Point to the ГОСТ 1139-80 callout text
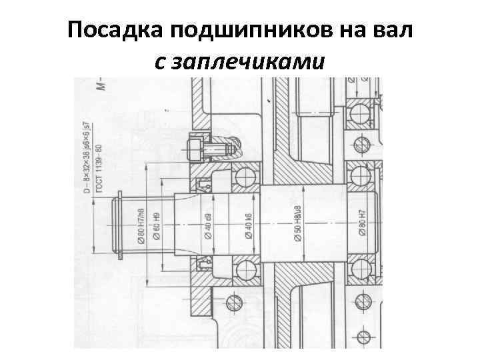point(99,167)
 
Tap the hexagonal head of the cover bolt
point(193,149)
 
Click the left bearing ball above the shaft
point(245,177)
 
